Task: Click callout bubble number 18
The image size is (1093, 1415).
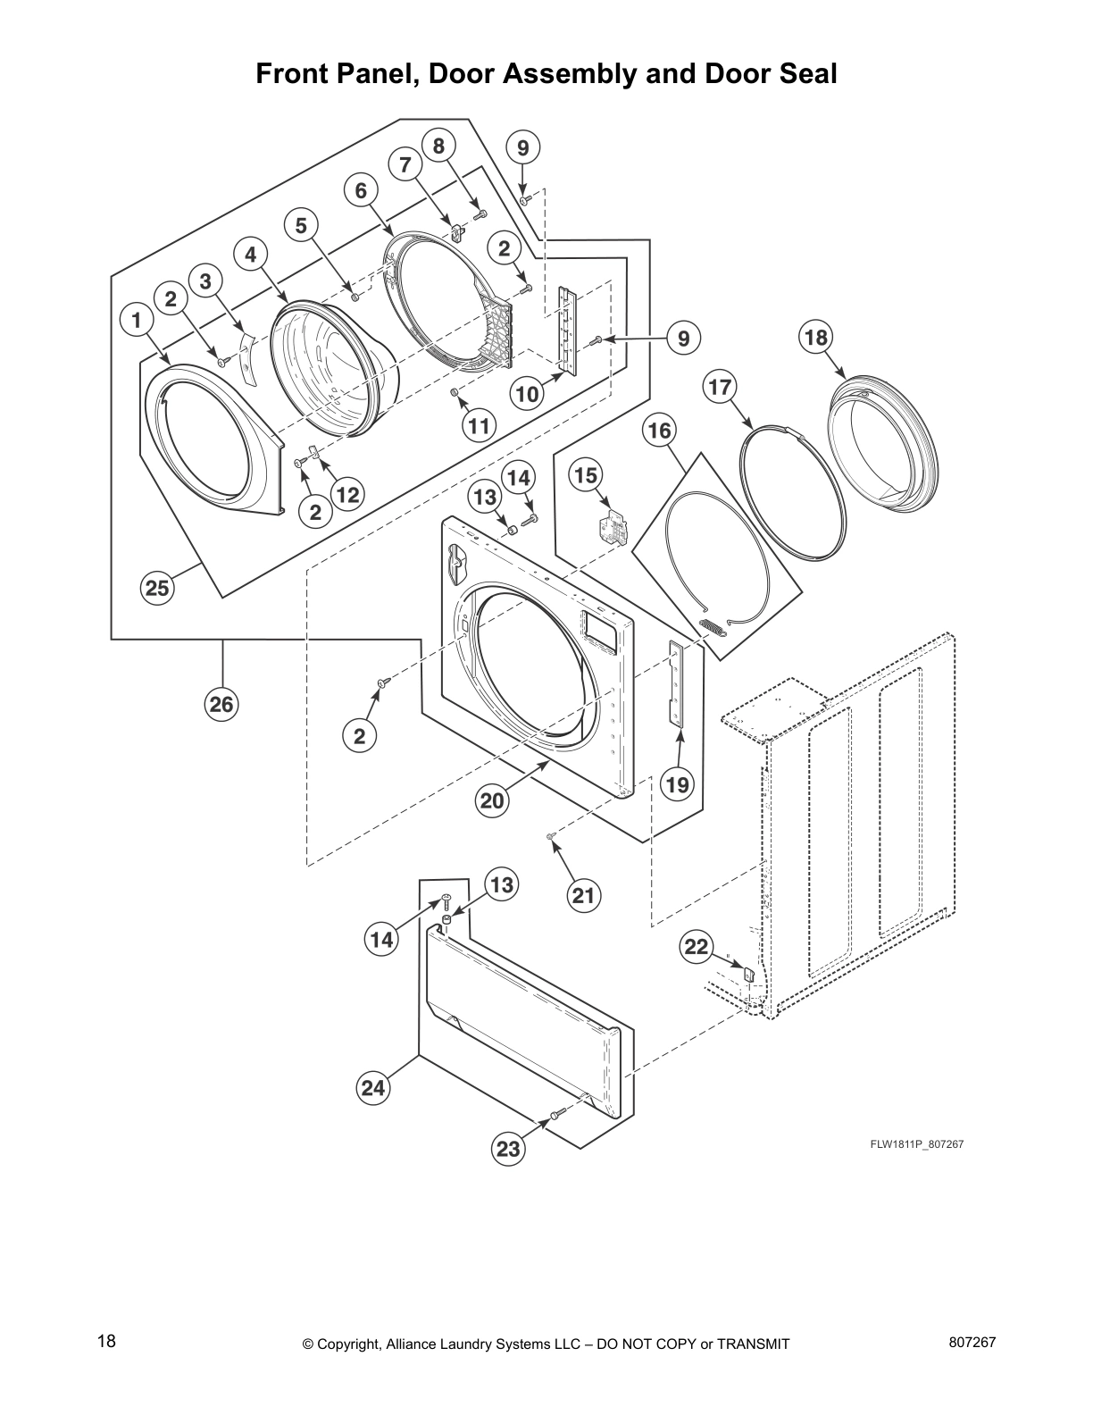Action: point(815,337)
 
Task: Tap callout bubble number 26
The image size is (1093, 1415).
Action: point(221,705)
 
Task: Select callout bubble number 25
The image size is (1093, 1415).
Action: point(157,588)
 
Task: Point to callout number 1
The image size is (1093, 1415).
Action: point(136,319)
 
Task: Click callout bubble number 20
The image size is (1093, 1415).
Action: point(493,800)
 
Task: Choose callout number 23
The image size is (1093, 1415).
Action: point(508,1149)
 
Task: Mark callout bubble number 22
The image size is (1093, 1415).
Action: point(697,947)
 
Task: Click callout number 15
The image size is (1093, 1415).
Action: point(586,475)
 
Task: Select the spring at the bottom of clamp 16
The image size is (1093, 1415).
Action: point(712,628)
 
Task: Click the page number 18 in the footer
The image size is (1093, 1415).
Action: point(106,1342)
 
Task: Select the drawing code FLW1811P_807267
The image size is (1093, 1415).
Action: point(917,1144)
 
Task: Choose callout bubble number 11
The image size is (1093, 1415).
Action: point(480,426)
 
